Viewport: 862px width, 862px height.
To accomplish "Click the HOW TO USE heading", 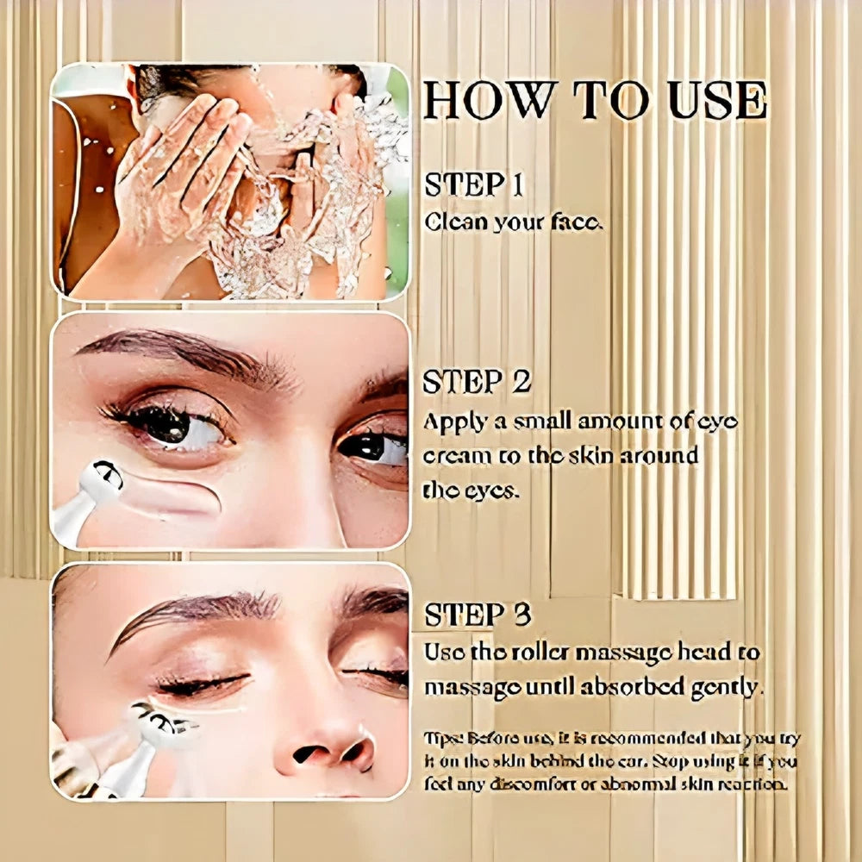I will pyautogui.click(x=595, y=101).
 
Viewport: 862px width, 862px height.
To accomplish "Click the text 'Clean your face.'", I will pyautogui.click(x=514, y=222).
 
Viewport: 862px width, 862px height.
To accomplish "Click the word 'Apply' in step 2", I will pyautogui.click(x=452, y=422).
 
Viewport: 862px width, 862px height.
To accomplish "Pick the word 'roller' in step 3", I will pyautogui.click(x=547, y=653).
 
